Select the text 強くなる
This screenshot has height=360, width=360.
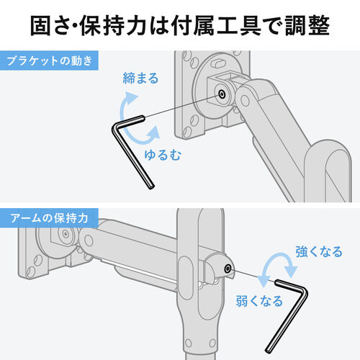319,251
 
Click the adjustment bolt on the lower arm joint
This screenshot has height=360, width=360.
228,269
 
